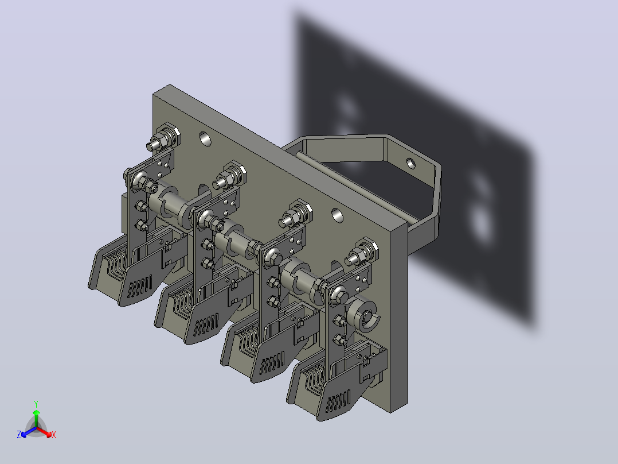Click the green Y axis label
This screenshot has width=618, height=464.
click(x=36, y=404)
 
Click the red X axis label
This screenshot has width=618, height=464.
click(x=54, y=435)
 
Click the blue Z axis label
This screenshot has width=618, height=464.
click(x=19, y=434)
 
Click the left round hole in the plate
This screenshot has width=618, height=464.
click(x=205, y=138)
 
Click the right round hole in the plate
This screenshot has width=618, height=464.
click(x=337, y=215)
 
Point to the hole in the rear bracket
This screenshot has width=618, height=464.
click(x=410, y=163)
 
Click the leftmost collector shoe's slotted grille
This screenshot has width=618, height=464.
click(x=140, y=285)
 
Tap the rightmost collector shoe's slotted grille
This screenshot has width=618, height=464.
click(x=338, y=400)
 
